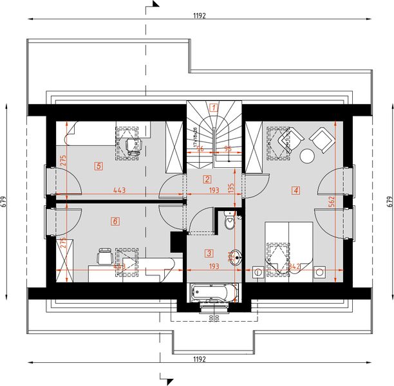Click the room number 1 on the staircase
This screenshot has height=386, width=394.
pos(214,107)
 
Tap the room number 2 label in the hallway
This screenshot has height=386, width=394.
pos(207,179)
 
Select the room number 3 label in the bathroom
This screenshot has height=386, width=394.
pos(209,253)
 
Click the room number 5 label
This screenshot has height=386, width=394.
pos(98,166)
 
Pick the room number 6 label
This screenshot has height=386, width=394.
pos(115,221)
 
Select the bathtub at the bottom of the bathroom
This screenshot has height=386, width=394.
pos(214,293)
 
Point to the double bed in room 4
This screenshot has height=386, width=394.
pos(289,248)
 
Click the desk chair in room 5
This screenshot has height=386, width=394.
pos(133,145)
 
